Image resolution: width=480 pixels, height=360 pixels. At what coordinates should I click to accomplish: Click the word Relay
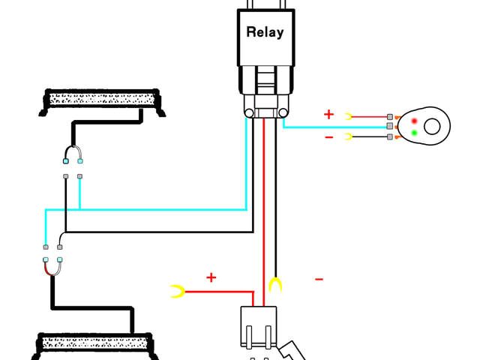(x=265, y=32)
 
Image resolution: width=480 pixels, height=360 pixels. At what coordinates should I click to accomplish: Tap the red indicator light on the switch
(x=414, y=121)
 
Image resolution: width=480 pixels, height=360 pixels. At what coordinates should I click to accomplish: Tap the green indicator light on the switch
(x=414, y=133)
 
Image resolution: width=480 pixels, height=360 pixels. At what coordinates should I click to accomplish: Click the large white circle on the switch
(x=433, y=126)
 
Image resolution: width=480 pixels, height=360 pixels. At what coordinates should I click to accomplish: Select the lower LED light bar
(x=97, y=346)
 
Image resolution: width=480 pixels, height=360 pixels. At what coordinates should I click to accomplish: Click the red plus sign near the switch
(x=328, y=115)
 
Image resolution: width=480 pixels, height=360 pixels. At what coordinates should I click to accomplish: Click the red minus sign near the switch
(x=328, y=137)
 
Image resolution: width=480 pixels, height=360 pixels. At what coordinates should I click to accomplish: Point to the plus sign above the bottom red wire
(x=211, y=278)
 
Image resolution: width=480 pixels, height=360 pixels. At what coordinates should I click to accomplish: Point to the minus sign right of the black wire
(x=319, y=280)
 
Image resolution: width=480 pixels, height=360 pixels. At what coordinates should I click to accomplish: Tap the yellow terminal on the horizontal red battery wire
(x=178, y=292)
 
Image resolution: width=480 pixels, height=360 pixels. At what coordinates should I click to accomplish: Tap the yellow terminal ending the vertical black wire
(x=276, y=285)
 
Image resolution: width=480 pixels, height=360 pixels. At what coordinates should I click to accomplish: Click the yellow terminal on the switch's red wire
(x=349, y=116)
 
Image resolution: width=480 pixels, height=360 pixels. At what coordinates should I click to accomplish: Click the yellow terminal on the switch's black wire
(x=349, y=136)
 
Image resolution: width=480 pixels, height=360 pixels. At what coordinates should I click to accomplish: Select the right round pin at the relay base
(x=283, y=112)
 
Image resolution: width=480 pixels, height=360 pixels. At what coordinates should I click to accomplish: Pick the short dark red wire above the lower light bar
(x=52, y=267)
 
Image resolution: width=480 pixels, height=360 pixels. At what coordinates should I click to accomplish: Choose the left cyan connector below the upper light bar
(x=67, y=161)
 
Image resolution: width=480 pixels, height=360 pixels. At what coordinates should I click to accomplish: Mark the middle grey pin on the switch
(x=390, y=127)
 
